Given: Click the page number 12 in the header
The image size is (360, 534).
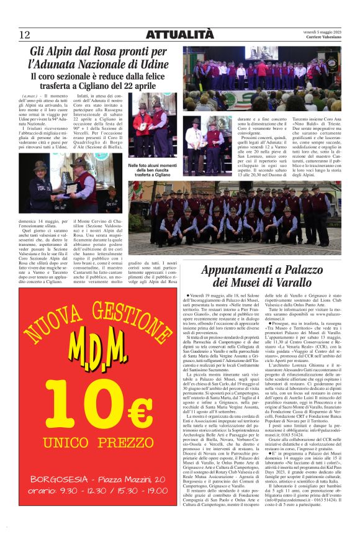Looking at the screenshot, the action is point(25,34).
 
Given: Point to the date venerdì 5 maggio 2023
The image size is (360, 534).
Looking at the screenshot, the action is point(324,32).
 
